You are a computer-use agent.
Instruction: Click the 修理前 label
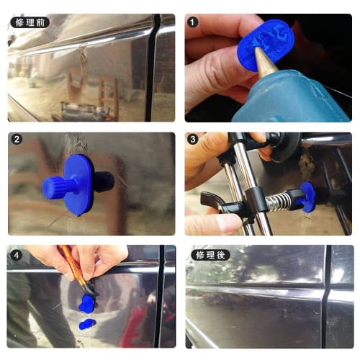click(29, 22)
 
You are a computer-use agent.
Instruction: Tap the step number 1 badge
click(193, 22)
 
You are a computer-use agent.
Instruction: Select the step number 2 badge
click(17, 140)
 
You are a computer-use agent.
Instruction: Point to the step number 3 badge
click(193, 140)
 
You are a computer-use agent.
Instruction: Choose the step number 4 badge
click(17, 255)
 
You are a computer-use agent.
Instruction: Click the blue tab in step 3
click(307, 197)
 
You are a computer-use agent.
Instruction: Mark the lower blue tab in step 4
click(86, 325)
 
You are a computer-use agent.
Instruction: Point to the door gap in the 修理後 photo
click(327, 295)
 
